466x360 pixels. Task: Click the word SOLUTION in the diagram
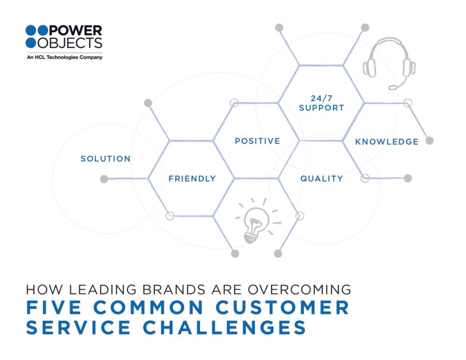[106, 159]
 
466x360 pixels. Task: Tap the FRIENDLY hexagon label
[192, 178]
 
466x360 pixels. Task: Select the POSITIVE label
[257, 141]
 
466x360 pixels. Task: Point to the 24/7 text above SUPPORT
[322, 98]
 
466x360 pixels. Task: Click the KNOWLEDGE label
[387, 142]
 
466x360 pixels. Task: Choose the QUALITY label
[322, 178]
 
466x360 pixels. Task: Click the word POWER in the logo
[76, 31]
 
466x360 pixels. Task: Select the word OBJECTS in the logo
[70, 43]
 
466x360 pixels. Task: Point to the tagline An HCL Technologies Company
[65, 57]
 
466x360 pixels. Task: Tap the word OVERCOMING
[299, 290]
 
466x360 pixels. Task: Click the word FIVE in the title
[54, 307]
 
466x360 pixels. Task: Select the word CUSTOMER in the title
[282, 307]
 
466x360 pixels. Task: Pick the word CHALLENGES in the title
[224, 327]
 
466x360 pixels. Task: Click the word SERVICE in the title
[78, 327]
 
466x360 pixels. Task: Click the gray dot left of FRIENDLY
[104, 179]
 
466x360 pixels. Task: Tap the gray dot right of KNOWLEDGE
[429, 141]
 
